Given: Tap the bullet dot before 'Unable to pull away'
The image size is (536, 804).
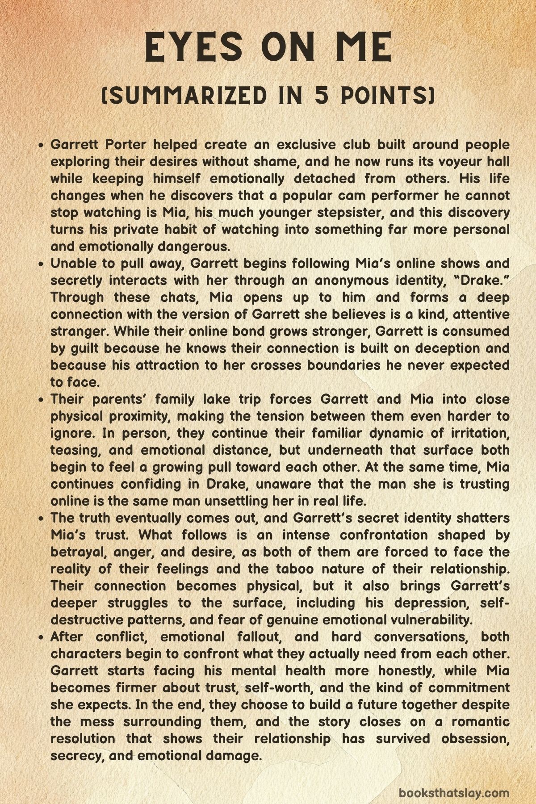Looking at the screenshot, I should pyautogui.click(x=41, y=264).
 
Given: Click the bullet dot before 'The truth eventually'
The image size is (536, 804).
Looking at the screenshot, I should pyautogui.click(x=41, y=519).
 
